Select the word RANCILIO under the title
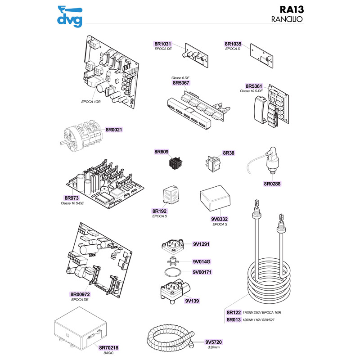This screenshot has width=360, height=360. tap(287, 20)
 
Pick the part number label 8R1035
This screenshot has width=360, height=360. tap(233, 44)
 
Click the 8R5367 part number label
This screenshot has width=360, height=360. tap(181, 83)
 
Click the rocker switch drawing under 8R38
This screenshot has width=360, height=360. tap(214, 163)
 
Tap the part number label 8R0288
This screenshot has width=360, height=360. tap(272, 184)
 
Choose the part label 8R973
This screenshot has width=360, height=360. tap(72, 198)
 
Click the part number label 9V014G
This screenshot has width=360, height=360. tap(202, 261)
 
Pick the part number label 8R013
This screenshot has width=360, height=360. tap(234, 320)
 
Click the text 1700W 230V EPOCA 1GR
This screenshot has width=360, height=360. tap(265, 312)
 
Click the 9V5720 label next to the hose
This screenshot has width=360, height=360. tap(214, 342)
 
